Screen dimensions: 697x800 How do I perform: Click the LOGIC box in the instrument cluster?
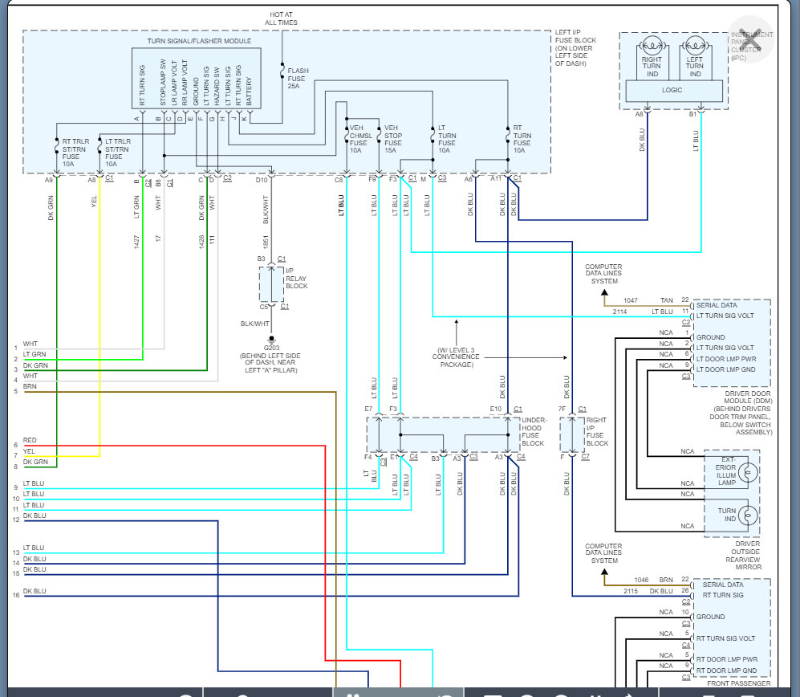(x=672, y=90)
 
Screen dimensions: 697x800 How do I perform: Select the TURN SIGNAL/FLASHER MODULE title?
(x=199, y=40)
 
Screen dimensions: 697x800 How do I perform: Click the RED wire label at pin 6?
(x=30, y=441)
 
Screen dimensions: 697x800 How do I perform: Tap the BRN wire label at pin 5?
(x=30, y=387)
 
